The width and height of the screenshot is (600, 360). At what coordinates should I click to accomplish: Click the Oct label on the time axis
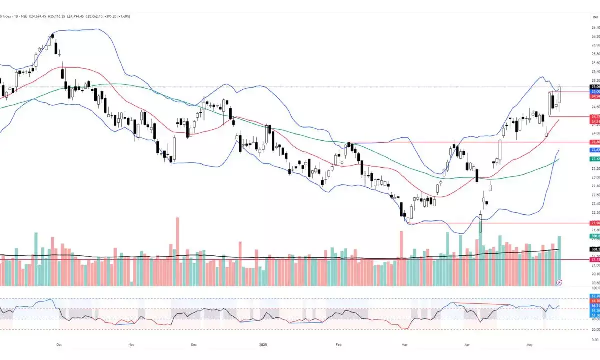tap(58, 344)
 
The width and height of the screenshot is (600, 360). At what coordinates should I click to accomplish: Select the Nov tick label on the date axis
tap(131, 344)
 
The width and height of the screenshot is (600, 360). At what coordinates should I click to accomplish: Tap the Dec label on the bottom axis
tap(194, 344)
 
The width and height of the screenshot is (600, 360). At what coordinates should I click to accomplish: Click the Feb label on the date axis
tap(338, 344)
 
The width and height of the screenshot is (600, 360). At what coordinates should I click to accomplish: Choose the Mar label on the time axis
tap(403, 344)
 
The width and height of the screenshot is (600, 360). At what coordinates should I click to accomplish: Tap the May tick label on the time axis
tap(530, 344)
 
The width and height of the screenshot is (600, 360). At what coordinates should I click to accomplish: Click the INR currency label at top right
tap(595, 17)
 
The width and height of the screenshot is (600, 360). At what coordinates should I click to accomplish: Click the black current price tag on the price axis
tap(595, 87)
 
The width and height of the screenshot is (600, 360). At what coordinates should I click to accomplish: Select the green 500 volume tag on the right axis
tap(595, 236)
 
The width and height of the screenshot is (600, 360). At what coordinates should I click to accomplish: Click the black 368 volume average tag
tap(595, 249)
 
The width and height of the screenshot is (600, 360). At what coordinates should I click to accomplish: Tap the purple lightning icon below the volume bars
tap(559, 282)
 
